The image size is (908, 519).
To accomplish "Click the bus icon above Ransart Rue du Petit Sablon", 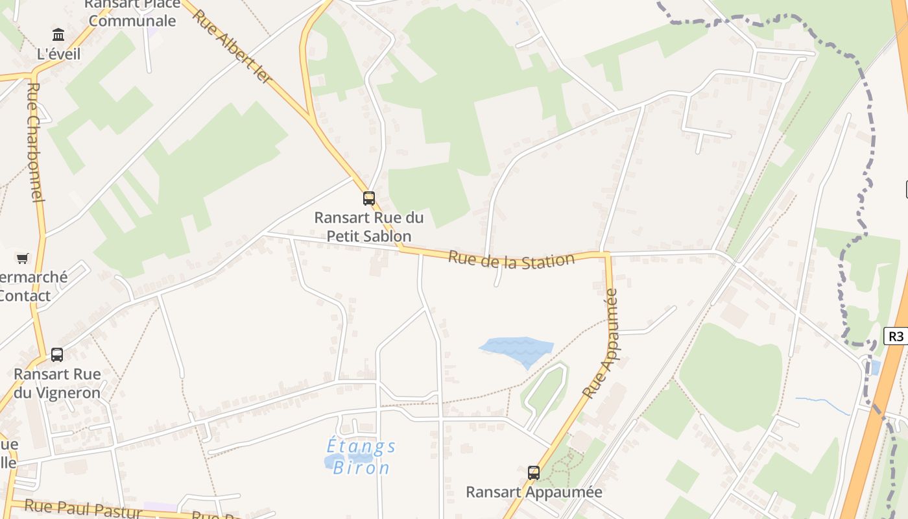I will (368, 199).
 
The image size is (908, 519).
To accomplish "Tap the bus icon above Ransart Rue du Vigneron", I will (57, 355).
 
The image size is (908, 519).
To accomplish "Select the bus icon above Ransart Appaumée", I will (533, 473).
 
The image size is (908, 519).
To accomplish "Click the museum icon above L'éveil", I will (58, 34).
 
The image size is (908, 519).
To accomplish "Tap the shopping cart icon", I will (23, 259).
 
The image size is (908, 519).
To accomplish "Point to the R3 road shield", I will (896, 336).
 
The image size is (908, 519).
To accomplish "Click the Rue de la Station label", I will (511, 261).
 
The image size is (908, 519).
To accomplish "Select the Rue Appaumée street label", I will (601, 344).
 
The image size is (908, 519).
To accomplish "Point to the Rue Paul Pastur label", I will (83, 509).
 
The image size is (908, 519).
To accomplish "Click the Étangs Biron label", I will (361, 457).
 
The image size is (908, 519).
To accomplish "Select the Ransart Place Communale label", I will (132, 12).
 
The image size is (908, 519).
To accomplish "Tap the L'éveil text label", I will (59, 54).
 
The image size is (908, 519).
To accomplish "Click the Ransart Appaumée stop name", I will (534, 492).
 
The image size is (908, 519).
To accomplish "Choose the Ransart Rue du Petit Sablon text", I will (368, 226).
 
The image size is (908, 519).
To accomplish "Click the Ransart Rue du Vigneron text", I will (57, 383).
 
